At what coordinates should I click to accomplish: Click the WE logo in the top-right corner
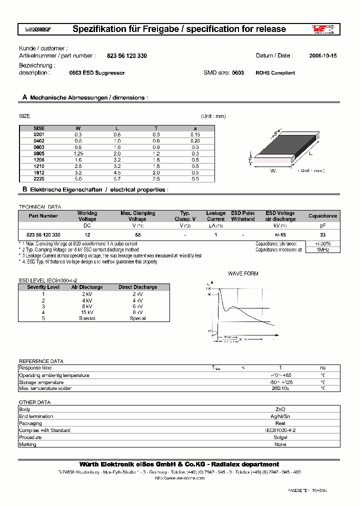pos(322,29)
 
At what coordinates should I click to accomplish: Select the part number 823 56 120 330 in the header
pos(127,56)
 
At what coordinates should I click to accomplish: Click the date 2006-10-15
pos(322,56)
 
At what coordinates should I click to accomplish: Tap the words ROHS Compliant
pos(275,73)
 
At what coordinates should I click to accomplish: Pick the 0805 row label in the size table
pos(39,153)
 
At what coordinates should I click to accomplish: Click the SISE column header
pos(39,128)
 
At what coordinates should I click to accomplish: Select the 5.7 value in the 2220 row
pos(117,179)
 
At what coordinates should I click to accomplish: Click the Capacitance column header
pos(322,216)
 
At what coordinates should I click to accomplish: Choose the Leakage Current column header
pos(215,216)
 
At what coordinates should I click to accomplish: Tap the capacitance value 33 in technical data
pos(322,234)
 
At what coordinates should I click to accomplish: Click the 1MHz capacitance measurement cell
pos(322,249)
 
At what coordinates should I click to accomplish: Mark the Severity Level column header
pos(43,287)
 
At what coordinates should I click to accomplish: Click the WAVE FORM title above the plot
pos(243,274)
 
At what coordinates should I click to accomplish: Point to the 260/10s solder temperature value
pos(280,388)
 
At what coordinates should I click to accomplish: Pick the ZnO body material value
pos(280,409)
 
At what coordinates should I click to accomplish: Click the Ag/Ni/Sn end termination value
pos(280,416)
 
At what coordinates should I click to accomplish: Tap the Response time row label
pos(35,367)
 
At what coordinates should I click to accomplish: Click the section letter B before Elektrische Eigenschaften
pos(24,190)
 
